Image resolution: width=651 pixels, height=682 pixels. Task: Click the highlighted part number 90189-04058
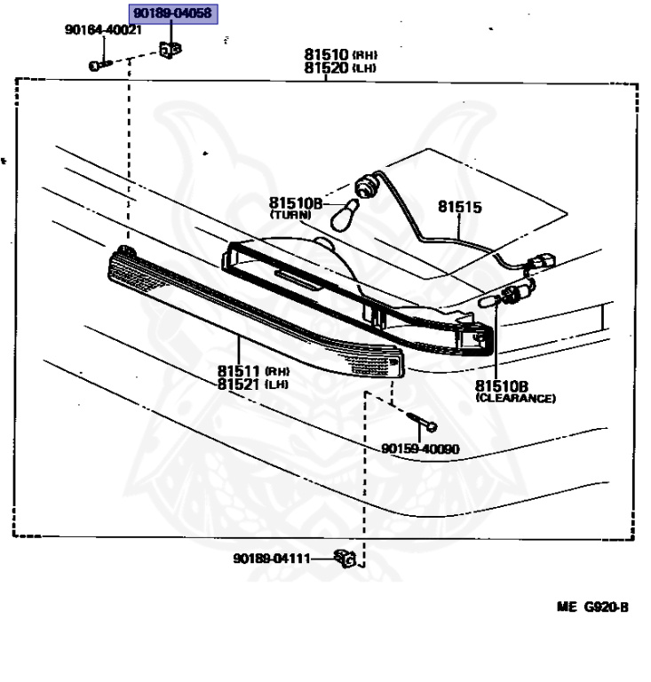(172, 13)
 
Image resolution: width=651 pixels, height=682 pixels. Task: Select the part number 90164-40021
(104, 29)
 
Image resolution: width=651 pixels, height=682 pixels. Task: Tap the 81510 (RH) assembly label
(340, 54)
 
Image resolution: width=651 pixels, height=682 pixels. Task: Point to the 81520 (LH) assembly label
(340, 67)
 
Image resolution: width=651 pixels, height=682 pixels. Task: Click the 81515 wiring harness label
(460, 207)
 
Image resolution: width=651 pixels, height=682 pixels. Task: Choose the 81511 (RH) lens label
(253, 371)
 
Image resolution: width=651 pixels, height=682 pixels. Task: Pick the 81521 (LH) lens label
(253, 385)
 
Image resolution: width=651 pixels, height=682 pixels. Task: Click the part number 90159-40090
(420, 448)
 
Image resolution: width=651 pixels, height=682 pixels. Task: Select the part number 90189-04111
(272, 558)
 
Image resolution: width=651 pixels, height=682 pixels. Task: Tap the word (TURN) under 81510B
(290, 214)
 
